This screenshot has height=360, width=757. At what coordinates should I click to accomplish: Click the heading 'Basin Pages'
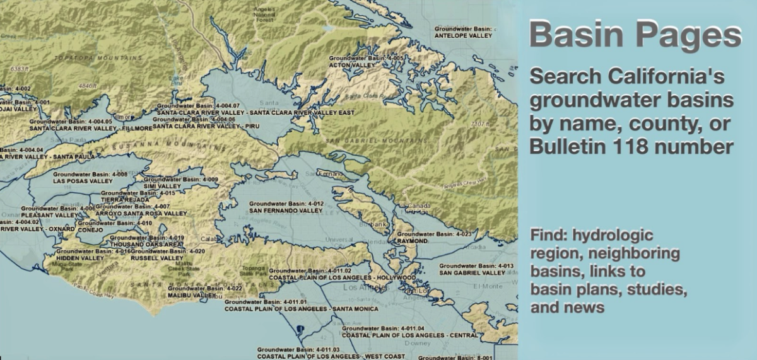(x=635, y=36)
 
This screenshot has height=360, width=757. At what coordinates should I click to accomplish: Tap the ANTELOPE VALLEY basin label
(x=463, y=36)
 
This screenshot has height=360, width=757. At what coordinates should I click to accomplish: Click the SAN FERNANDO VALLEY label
(x=286, y=211)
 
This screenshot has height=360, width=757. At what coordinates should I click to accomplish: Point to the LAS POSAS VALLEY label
(x=83, y=181)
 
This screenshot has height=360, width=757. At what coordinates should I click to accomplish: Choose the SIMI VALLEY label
(x=162, y=187)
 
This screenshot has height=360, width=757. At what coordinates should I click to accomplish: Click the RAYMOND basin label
(x=413, y=241)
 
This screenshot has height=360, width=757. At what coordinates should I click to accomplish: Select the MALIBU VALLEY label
(x=192, y=295)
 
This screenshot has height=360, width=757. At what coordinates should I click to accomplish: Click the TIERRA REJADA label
(x=125, y=200)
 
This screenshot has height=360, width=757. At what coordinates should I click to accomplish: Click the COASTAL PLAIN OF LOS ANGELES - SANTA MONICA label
(x=302, y=310)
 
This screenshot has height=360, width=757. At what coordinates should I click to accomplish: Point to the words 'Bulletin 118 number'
(x=631, y=147)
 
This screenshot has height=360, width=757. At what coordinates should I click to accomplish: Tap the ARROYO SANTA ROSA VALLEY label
(x=141, y=214)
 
